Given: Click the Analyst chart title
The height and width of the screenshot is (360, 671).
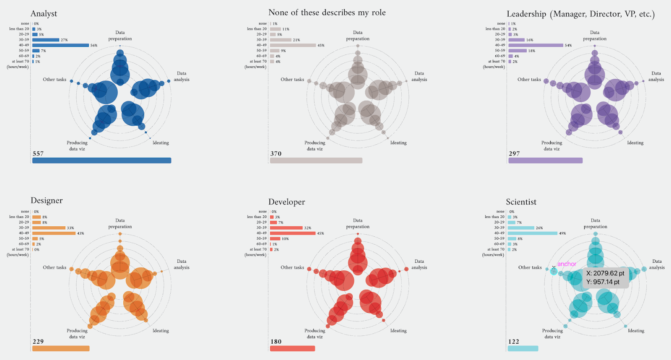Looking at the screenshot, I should [x=44, y=14].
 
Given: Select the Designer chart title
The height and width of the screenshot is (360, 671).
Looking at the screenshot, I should [x=47, y=201].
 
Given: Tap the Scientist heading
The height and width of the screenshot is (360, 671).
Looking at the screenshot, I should [x=521, y=202].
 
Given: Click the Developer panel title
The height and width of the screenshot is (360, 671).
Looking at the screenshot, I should [x=286, y=202].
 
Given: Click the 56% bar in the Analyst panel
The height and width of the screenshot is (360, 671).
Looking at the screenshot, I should [x=60, y=45].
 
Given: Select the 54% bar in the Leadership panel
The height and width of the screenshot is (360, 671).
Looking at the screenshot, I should [x=536, y=45].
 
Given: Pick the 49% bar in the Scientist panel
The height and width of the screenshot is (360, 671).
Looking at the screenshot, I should [x=532, y=233].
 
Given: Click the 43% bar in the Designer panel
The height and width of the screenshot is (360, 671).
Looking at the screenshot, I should [x=54, y=233].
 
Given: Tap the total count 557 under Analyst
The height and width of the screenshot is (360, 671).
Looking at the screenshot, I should [x=38, y=154].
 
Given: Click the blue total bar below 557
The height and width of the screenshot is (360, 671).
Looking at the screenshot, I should [x=101, y=161].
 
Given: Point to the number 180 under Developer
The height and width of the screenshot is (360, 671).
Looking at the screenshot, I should [x=276, y=342].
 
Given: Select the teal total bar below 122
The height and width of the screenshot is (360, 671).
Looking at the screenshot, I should [x=523, y=348].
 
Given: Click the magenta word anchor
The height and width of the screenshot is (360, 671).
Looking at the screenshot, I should [x=567, y=264].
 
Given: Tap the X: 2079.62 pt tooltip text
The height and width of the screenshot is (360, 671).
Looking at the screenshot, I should [x=605, y=273].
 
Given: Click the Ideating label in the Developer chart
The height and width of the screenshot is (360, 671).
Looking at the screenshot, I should [x=398, y=331].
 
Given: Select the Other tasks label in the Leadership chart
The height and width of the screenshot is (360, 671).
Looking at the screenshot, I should [x=529, y=80].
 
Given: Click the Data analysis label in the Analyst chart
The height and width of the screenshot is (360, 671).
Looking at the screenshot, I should [x=182, y=76].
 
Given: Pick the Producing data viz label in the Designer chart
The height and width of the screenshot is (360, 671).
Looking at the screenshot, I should [x=77, y=334].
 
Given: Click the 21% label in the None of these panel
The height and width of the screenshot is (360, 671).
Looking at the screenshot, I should [x=296, y=40].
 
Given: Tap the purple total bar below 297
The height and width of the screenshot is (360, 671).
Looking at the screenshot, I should [x=545, y=161].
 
